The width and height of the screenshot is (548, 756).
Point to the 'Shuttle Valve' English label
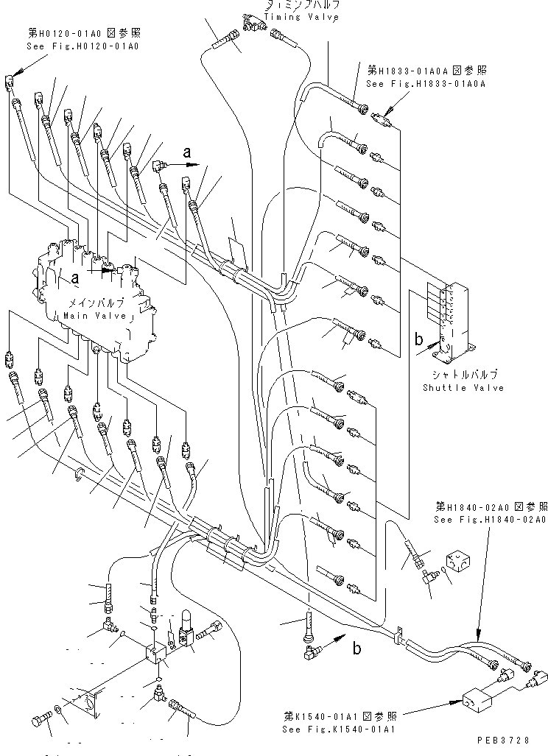coord(463,388)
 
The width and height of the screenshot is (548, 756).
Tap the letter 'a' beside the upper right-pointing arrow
coord(187,153)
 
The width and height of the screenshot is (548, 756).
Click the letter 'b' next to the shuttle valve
coord(418,340)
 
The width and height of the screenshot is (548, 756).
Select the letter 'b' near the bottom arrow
coord(356,649)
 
